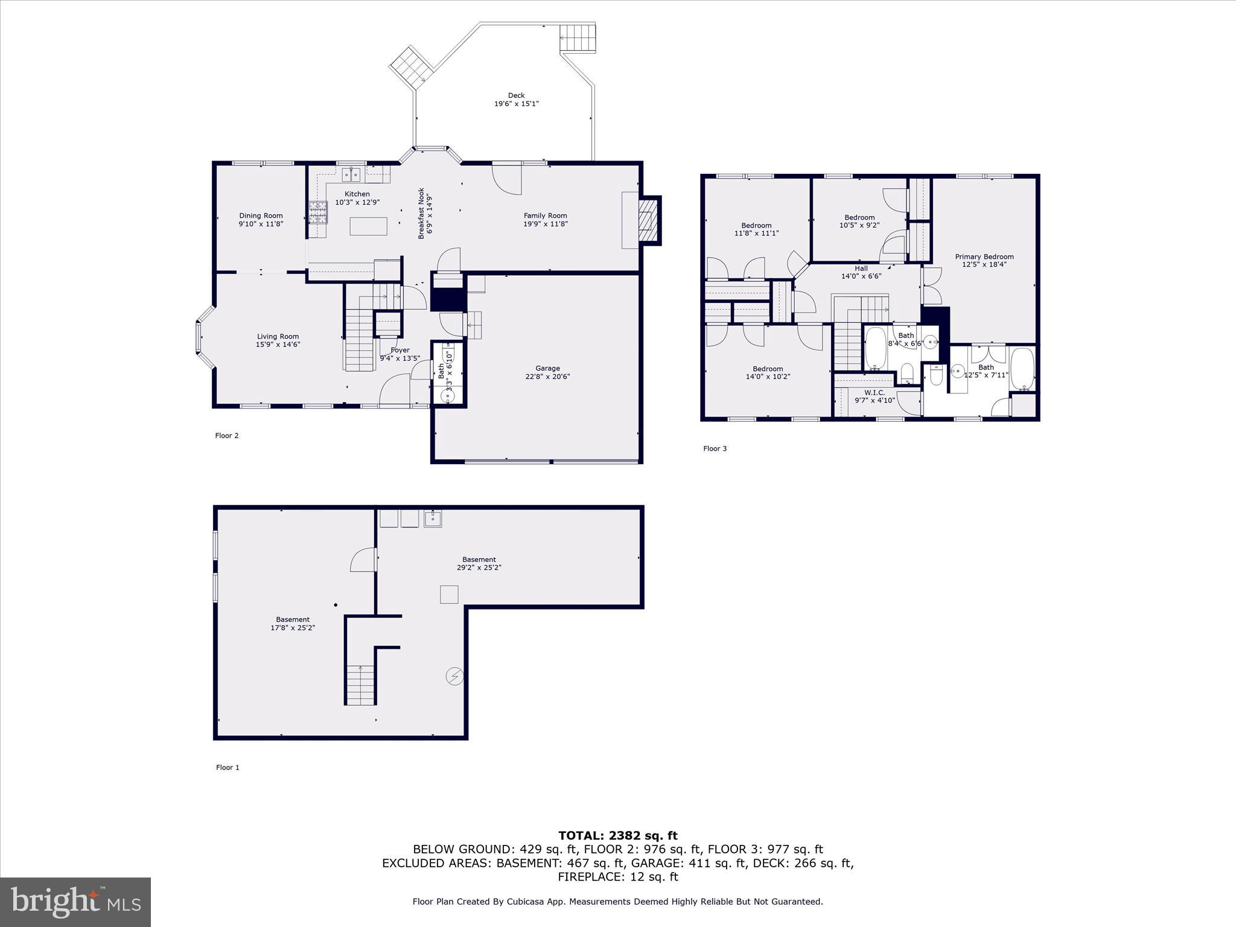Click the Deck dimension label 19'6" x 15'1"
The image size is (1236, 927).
pos(516,104)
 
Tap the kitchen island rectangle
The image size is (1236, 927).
pos(369,226)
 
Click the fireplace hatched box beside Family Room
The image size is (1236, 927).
pos(649,221)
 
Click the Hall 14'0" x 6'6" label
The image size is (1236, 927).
pos(861,272)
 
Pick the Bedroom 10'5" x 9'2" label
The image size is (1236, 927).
pos(859,221)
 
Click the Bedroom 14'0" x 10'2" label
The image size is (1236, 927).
pos(768,372)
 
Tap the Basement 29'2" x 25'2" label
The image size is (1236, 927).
pos(479,563)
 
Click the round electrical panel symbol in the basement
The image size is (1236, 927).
pos(454,677)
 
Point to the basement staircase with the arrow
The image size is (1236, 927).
pos(361,684)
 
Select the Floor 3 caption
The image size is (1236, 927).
pos(715,448)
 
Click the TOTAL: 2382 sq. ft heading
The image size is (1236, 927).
pos(617,835)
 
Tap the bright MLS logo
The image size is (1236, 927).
pos(75,902)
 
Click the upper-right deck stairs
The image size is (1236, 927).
pos(578,39)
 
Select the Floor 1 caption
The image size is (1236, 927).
pos(228,767)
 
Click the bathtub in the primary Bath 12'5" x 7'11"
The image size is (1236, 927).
pos(1022,368)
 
